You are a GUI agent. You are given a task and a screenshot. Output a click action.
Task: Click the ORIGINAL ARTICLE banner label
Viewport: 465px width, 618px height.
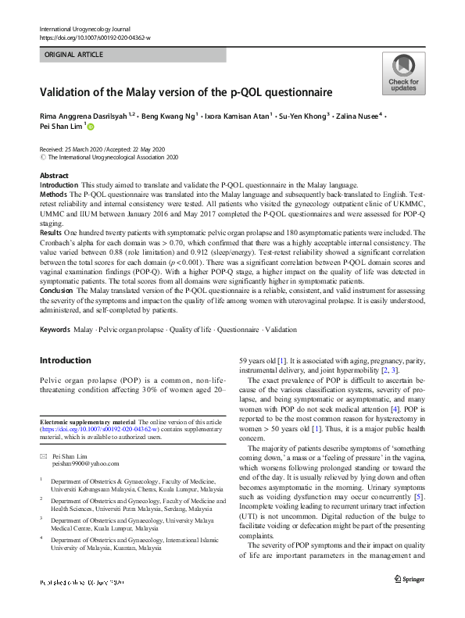click(x=74, y=55)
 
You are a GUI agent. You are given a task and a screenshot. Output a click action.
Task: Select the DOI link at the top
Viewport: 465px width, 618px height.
click(x=95, y=37)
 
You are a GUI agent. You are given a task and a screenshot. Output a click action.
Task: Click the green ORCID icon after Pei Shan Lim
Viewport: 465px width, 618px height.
click(x=91, y=127)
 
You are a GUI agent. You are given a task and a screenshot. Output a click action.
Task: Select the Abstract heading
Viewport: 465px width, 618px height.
click(x=54, y=176)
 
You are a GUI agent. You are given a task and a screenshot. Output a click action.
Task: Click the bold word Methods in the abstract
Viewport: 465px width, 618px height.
click(x=53, y=192)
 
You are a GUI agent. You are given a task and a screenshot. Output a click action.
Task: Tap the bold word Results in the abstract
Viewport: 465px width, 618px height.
click(x=52, y=233)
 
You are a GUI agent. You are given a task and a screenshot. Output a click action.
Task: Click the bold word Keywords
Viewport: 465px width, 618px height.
click(x=55, y=330)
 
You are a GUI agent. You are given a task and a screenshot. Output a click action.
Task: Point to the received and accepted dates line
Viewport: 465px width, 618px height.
click(x=102, y=148)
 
